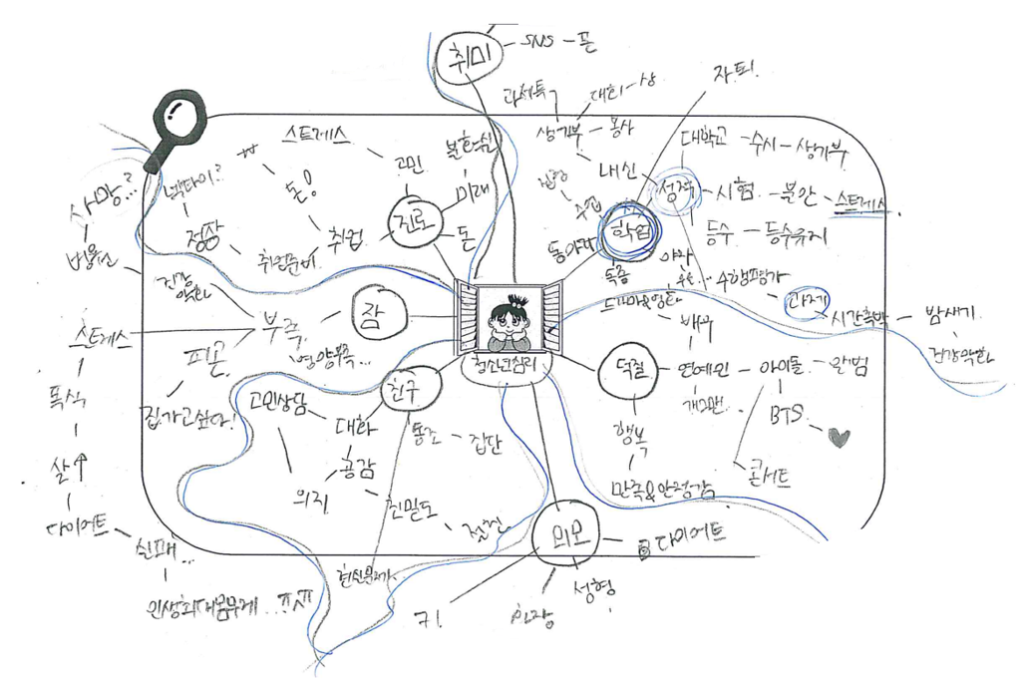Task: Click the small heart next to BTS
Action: pos(840,436)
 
